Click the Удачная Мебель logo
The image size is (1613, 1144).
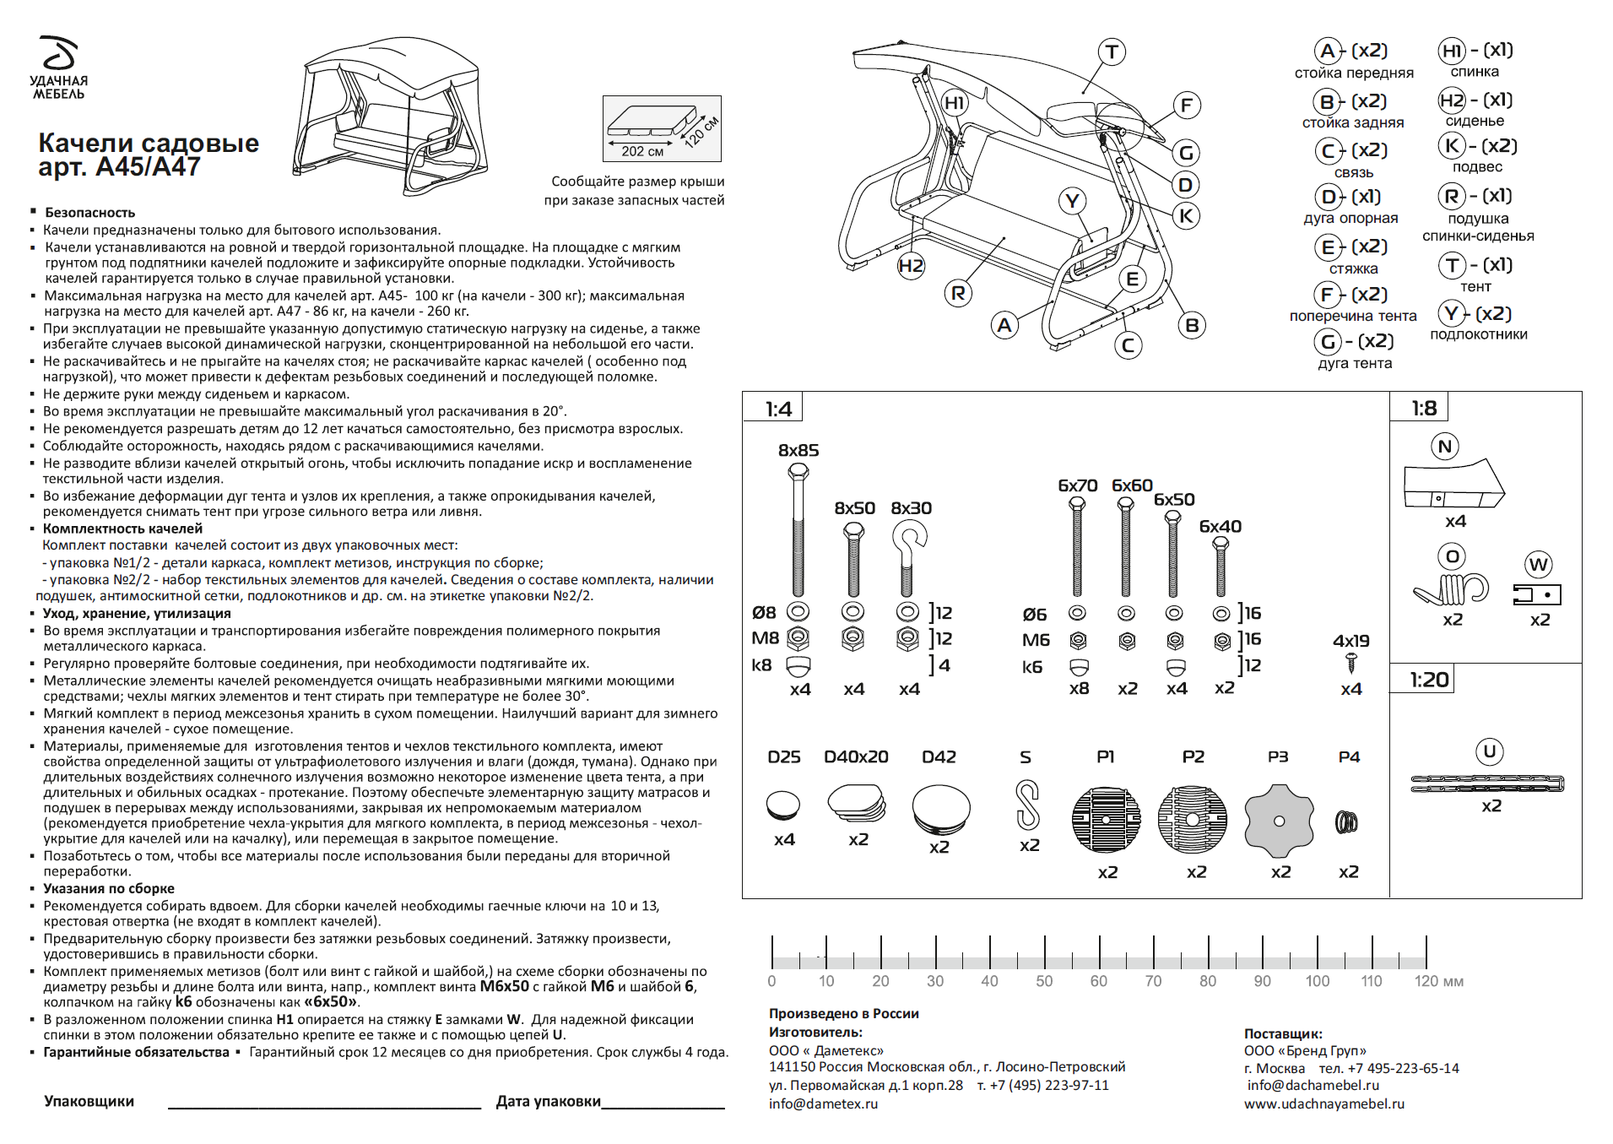59,67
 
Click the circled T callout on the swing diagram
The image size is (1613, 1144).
1112,52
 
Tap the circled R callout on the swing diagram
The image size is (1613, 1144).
957,293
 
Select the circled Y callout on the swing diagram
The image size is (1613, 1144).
1072,201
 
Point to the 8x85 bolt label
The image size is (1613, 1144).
798,450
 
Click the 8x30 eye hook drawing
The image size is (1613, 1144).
908,558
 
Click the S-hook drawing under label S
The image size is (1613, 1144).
1027,805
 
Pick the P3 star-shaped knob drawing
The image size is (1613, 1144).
1279,820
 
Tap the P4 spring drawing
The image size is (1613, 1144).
1346,821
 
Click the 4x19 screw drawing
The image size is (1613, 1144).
1350,664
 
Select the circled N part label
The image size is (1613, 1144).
1445,447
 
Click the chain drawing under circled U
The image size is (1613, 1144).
1487,783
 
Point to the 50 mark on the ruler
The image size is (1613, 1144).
1044,981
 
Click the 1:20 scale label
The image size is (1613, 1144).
1429,680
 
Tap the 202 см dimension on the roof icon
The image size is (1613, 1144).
642,151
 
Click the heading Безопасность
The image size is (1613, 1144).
90,213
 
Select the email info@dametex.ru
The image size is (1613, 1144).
823,1103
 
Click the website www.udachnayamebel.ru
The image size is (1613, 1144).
1324,1103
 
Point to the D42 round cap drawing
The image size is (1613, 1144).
941,809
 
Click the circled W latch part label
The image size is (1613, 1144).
1539,565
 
